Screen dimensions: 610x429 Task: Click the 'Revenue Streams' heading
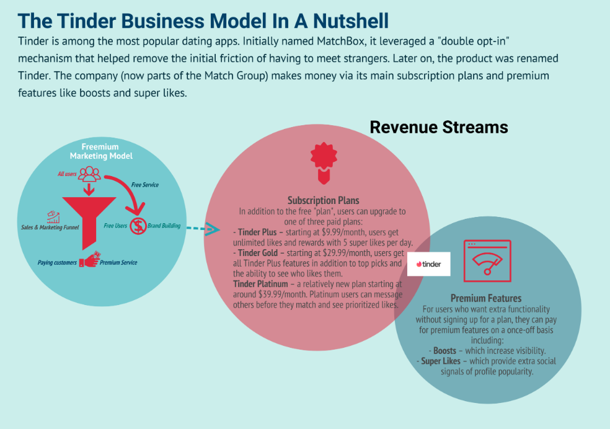point(439,127)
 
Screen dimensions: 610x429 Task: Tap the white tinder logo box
point(429,264)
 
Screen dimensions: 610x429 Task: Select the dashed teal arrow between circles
point(203,229)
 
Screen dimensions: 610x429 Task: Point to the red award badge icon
point(324,163)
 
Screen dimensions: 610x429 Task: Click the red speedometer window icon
point(487,260)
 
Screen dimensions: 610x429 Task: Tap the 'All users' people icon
point(89,174)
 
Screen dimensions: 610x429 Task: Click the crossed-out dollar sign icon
point(138,226)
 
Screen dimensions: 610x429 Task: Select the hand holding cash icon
point(89,259)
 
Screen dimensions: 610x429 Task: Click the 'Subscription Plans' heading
point(323,200)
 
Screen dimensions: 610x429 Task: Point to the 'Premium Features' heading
point(486,298)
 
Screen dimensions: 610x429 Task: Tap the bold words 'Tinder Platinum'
point(260,284)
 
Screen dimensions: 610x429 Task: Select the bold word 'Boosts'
point(444,350)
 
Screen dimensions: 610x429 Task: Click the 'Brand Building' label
point(164,226)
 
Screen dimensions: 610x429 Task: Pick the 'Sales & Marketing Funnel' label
point(50,227)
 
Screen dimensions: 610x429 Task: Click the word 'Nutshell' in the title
point(351,21)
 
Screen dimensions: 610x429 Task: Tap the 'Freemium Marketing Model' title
point(101,151)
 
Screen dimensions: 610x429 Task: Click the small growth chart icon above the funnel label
point(53,217)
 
